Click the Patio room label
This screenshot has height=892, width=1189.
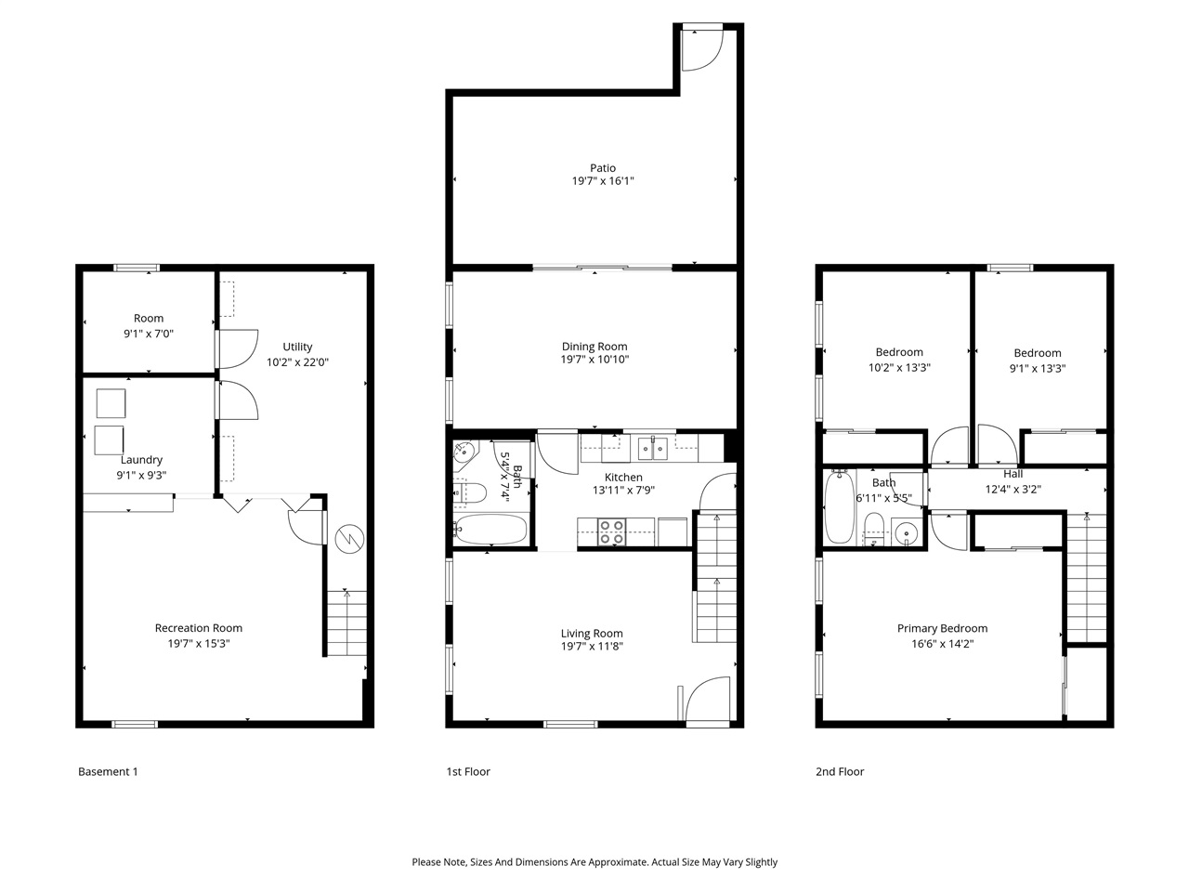click(602, 168)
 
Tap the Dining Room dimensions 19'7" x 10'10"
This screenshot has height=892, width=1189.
click(594, 360)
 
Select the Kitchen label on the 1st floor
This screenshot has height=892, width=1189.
click(623, 478)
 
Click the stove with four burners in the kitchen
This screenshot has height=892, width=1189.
click(610, 531)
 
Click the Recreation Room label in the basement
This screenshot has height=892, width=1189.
click(199, 628)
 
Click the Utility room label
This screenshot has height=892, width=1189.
click(297, 347)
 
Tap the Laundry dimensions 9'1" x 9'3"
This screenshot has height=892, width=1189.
click(141, 475)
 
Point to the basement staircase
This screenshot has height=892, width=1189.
click(346, 623)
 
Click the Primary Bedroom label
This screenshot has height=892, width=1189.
click(942, 628)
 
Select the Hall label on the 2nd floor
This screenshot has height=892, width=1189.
click(1013, 474)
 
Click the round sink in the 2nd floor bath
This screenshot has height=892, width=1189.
click(905, 533)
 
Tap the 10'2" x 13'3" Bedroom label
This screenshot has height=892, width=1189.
click(899, 352)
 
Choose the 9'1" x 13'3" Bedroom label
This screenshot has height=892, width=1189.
click(1038, 353)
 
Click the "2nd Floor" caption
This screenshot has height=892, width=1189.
click(840, 771)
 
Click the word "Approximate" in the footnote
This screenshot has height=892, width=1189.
click(609, 862)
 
